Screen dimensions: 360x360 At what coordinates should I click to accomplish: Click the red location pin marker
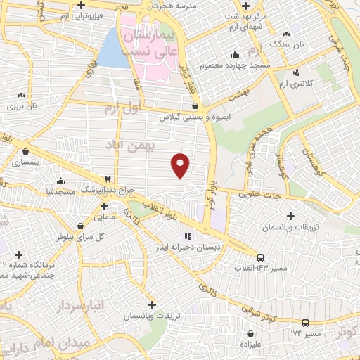(181, 165)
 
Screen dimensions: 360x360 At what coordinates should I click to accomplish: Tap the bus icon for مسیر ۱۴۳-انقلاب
(261, 257)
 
